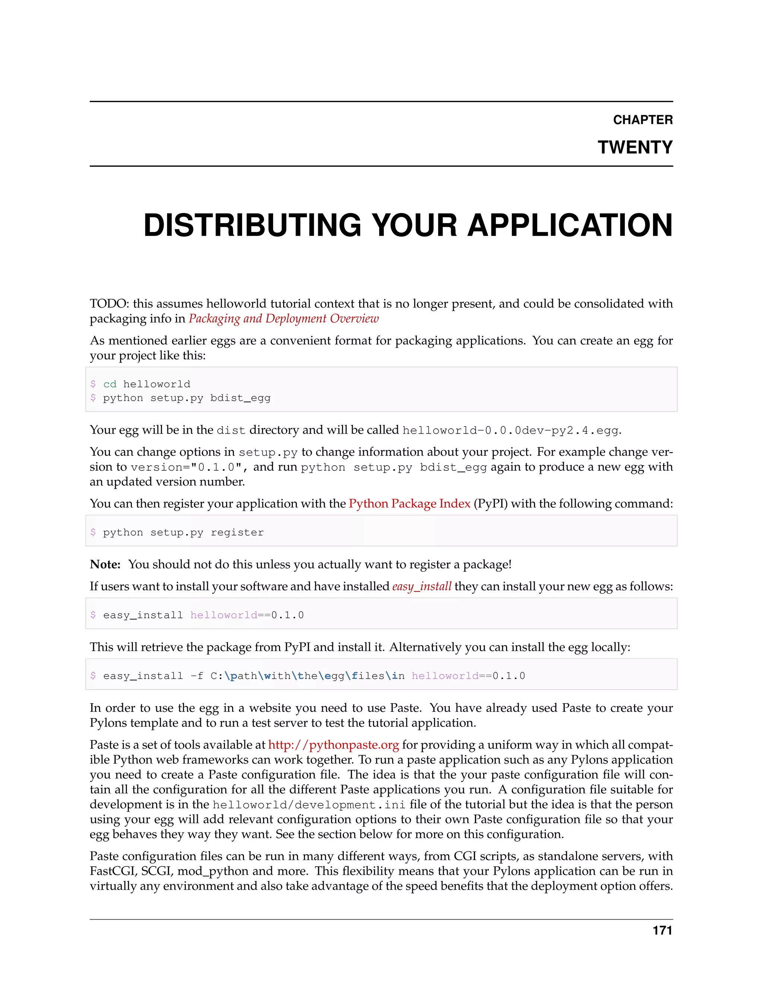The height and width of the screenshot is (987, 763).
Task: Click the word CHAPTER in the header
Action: tap(642, 120)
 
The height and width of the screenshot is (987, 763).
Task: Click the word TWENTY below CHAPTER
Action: tap(635, 147)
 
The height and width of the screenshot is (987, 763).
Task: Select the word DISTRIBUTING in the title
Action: tap(252, 225)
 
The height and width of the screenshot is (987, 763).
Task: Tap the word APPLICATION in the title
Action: tap(570, 225)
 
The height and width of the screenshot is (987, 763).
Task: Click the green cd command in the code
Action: tap(110, 384)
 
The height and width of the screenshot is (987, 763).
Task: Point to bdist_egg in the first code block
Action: tap(240, 398)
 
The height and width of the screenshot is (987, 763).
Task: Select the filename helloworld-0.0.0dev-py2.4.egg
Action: tap(510, 430)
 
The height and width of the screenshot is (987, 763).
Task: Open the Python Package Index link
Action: tap(409, 504)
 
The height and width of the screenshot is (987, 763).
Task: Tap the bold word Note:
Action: tap(105, 564)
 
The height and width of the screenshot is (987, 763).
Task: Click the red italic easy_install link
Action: tap(421, 587)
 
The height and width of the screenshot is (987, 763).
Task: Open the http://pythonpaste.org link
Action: tap(333, 745)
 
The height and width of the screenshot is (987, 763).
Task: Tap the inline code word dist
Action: tap(231, 430)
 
